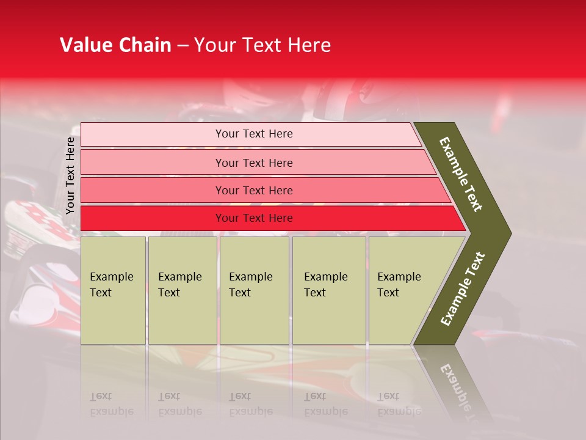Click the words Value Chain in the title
click(x=115, y=45)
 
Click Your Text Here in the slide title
click(x=262, y=45)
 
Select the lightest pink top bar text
click(x=254, y=134)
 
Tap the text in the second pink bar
click(x=254, y=163)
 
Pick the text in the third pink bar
click(x=254, y=190)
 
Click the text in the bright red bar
click(x=254, y=218)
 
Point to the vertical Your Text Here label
click(x=70, y=175)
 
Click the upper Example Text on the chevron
click(x=461, y=174)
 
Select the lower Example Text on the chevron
click(x=462, y=289)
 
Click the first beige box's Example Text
click(x=111, y=285)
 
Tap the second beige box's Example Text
click(x=179, y=285)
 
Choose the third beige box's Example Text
click(x=250, y=285)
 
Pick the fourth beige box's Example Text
click(x=325, y=285)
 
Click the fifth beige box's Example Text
click(x=399, y=285)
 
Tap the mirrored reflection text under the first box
click(x=111, y=404)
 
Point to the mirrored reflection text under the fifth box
click(x=399, y=404)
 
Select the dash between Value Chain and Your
click(x=183, y=45)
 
